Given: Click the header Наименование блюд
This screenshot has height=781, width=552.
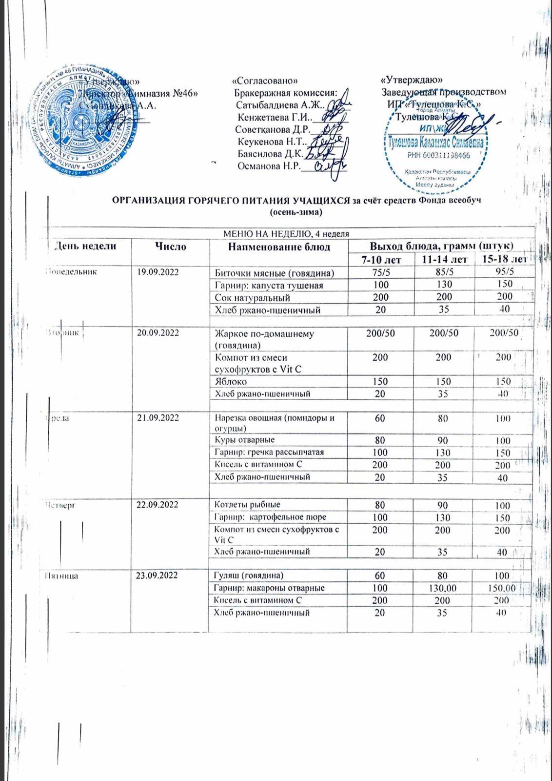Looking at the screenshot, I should [279, 247].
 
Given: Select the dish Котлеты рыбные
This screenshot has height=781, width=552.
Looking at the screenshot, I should [248, 505].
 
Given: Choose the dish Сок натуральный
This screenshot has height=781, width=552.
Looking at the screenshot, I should [253, 297].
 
